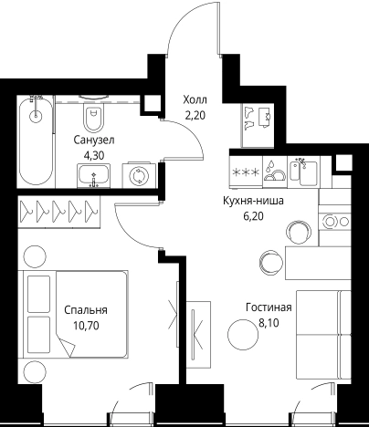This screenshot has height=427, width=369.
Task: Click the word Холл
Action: pos(195,100)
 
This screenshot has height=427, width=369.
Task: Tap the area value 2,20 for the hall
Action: pos(195,116)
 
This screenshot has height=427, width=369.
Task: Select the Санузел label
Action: pos(93,140)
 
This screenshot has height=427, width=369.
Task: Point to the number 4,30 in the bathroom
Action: pos(94,155)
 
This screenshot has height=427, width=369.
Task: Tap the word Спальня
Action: pos(86,309)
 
